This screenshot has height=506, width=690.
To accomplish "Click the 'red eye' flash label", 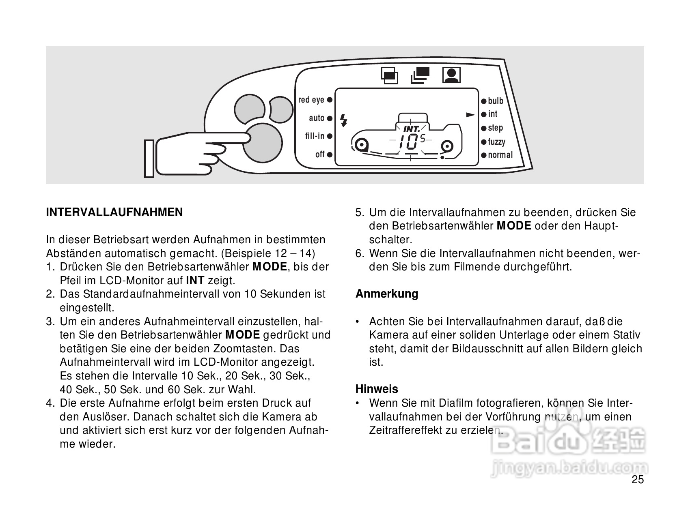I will tap(311, 100).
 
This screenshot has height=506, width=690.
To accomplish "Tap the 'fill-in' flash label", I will tap(315, 136).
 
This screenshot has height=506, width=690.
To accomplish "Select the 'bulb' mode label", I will tap(496, 101).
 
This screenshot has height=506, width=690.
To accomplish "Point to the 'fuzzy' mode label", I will tap(496, 142).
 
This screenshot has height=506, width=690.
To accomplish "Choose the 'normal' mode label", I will tap(500, 155).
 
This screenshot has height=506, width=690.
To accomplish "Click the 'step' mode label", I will tap(495, 128).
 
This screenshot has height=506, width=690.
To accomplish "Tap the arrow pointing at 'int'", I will tap(470, 115).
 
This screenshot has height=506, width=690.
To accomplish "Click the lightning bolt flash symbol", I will tap(344, 120).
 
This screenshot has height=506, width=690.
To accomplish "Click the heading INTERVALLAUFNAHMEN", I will tap(114, 212).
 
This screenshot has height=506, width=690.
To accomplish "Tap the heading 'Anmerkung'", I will tap(387, 294).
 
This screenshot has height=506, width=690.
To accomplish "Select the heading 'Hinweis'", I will tap(377, 389).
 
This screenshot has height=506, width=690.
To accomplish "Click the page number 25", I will tap(638, 480).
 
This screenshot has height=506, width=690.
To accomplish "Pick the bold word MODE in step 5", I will tap(514, 226).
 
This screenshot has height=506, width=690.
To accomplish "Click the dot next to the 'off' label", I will tap(330, 154).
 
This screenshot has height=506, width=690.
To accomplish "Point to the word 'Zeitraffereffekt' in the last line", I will tap(405, 430).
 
